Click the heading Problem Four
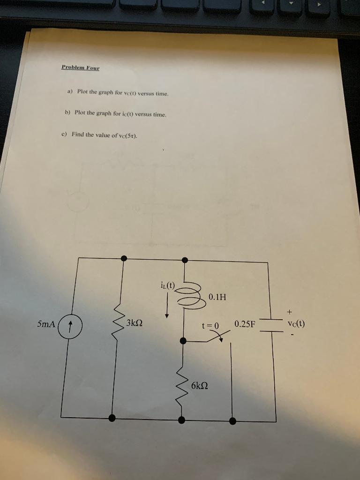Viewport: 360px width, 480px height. pos(81,67)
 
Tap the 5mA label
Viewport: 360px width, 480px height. pos(46,324)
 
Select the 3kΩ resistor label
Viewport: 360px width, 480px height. pos(134,322)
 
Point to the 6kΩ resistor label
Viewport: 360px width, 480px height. pos(200,385)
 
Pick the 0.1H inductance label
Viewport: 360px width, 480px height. pos(217,297)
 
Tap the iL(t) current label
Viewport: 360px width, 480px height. pos(167,285)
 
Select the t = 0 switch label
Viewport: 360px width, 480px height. pos(210,326)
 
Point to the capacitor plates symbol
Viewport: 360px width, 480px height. pos(271,325)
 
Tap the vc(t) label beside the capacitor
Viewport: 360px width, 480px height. pos(296,323)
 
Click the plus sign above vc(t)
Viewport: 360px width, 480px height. pos(290,312)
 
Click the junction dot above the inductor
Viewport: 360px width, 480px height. pos(185,260)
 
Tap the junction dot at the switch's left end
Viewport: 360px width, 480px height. pos(183,341)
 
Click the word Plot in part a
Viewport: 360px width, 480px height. pos(82,91)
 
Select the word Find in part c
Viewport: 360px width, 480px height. pos(77,134)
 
